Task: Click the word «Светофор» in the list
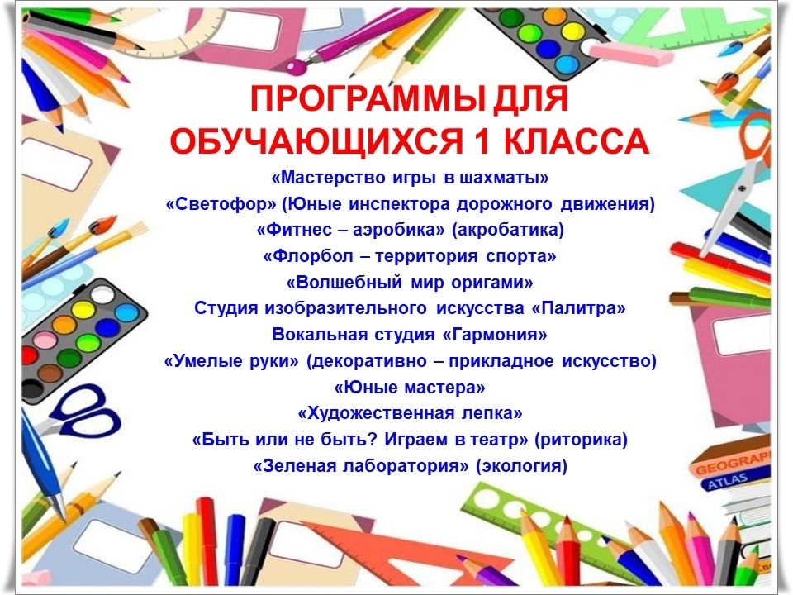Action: coord(221,204)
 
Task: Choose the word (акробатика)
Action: coord(507,231)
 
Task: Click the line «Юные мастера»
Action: coord(410,388)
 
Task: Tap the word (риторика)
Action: coord(581,440)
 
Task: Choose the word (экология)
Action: coord(521,466)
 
